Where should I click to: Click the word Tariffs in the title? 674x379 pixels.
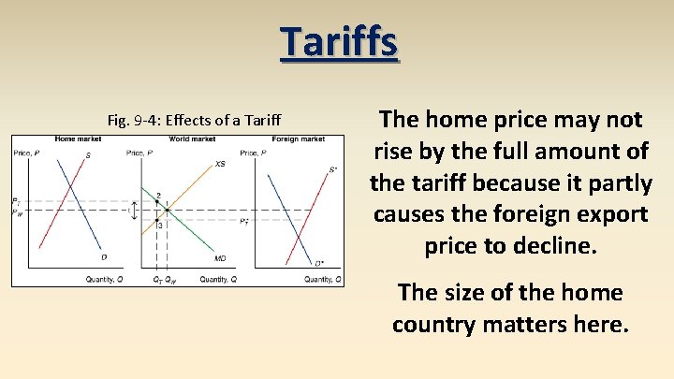click(339, 43)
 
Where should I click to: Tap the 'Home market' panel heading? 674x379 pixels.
click(78, 139)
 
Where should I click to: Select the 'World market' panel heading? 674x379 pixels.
click(192, 139)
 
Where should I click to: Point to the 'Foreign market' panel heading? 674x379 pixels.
click(300, 139)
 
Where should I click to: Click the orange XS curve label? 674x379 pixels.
click(220, 164)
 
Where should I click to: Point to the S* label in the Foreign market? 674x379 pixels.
click(333, 170)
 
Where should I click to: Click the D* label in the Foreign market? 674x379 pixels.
click(319, 264)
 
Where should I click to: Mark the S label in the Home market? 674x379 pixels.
click(88, 155)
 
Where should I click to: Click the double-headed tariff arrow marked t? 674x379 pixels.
click(134, 211)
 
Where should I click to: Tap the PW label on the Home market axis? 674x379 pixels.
click(16, 212)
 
